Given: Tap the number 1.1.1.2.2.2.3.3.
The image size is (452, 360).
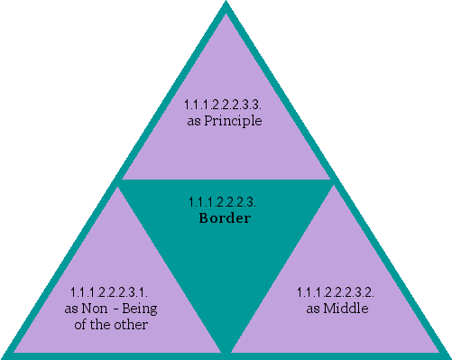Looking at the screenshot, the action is pos(225,106).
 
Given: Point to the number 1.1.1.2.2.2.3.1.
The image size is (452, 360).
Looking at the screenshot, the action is pos(108,292).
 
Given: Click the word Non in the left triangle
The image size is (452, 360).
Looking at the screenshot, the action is pos(95,309).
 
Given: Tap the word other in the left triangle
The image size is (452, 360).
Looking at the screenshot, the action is pos(130,324).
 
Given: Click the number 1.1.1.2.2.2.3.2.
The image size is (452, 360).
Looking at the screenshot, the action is pos(336,292).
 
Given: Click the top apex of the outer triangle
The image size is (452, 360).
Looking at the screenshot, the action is pos(226,5).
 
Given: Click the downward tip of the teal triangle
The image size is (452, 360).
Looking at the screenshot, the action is pos(226,350).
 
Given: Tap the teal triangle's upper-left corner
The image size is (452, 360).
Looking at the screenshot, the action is pos(120,181).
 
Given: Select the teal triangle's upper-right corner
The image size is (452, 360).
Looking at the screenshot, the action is pos(333,181).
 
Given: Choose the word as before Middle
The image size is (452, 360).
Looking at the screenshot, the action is pos(312,309).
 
